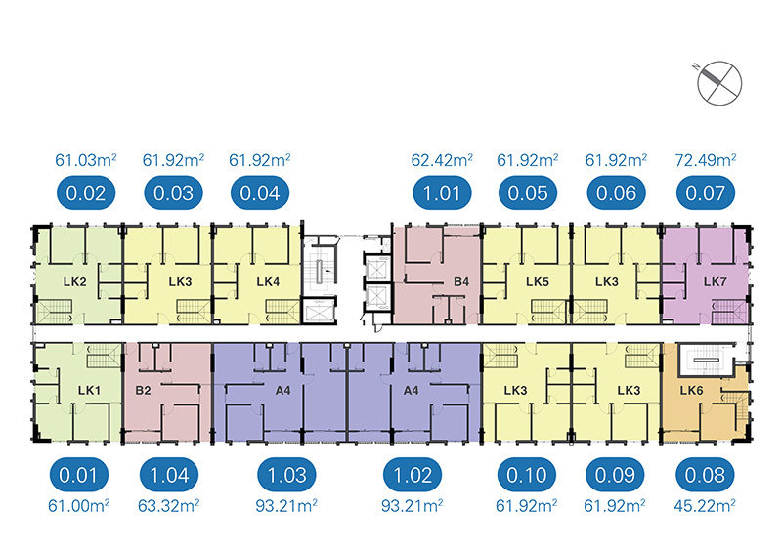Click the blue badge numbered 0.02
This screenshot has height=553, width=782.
point(86,193)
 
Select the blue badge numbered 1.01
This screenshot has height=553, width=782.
point(442,193)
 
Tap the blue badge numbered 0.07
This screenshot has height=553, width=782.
point(705,193)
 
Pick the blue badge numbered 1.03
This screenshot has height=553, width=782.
point(286,475)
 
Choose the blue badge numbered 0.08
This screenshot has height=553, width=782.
point(705,475)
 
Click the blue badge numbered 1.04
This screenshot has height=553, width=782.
point(169,475)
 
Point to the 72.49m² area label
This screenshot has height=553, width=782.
point(706,160)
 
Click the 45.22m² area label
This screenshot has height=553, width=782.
point(705,506)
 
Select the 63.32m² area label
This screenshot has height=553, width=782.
point(168,506)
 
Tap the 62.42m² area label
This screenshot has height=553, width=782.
point(442,160)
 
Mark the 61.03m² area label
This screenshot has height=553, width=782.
point(86,160)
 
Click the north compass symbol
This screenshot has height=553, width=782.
point(718,83)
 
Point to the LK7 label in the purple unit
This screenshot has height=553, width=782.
point(716,282)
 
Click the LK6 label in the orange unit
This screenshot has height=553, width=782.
point(691,391)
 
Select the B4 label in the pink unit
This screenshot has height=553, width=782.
point(461,282)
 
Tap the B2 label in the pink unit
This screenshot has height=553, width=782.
point(143,391)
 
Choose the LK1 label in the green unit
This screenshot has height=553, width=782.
point(89,391)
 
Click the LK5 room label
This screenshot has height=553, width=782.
point(537,282)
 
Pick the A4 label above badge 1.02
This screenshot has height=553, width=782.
point(411,391)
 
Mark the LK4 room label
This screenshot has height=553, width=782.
point(268,282)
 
